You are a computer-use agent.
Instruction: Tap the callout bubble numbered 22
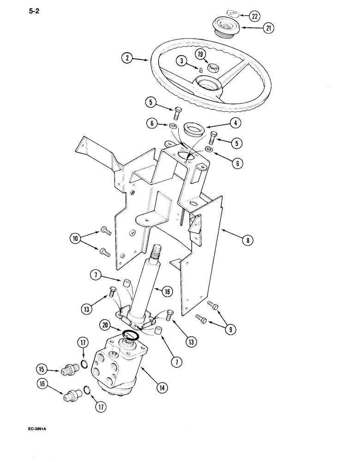point(254,16)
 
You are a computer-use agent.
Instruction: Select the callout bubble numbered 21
point(268,29)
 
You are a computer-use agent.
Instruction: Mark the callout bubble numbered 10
point(75,239)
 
